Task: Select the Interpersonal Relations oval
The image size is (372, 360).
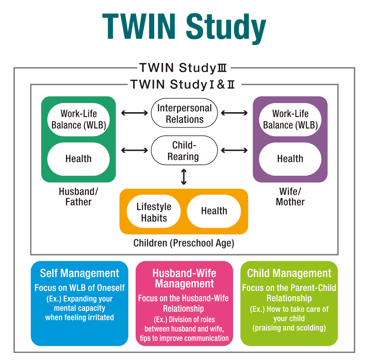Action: (184, 114)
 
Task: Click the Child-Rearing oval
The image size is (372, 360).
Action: (184, 150)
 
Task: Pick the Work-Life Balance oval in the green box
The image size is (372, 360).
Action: (78, 119)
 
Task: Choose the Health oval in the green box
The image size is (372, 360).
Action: (78, 159)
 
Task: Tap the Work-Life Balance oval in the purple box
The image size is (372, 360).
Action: (290, 119)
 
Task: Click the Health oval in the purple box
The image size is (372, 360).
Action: (290, 159)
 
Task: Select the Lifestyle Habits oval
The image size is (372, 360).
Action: (154, 212)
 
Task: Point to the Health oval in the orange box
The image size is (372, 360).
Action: (214, 211)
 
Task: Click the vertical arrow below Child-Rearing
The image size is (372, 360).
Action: (184, 177)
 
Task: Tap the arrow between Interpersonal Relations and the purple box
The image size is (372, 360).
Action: (234, 113)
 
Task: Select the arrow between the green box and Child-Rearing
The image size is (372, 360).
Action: (134, 150)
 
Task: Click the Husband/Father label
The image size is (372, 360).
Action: (78, 196)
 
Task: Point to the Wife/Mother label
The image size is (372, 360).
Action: (290, 196)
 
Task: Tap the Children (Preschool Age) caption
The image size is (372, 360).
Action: (184, 243)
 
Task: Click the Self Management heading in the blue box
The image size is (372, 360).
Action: (79, 274)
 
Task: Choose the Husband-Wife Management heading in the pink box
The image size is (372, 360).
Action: (184, 278)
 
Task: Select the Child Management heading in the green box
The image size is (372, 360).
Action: (289, 274)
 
